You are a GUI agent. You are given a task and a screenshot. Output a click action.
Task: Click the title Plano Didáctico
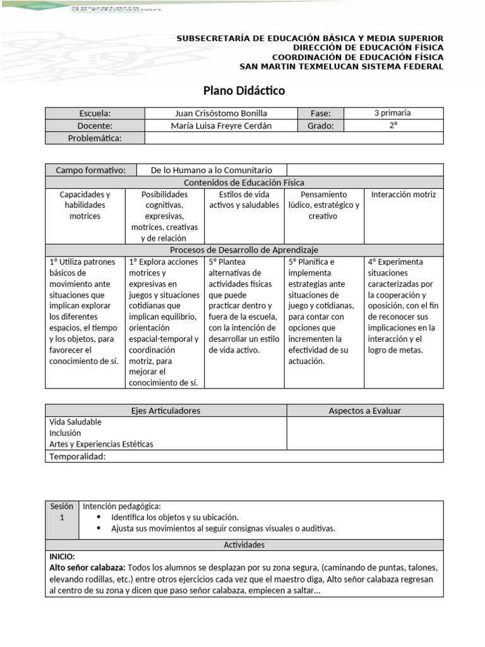click(244, 91)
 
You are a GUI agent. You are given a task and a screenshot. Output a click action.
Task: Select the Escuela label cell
click(95, 113)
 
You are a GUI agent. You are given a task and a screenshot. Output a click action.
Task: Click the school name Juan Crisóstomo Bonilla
click(225, 113)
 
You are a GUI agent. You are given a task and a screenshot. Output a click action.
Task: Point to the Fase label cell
click(320, 113)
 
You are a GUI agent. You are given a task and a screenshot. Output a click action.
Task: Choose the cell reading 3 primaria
click(392, 113)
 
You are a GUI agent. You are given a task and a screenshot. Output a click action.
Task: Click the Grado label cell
click(320, 126)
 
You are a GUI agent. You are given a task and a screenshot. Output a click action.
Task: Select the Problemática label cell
click(95, 138)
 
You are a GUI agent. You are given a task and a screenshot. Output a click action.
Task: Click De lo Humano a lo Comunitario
click(212, 170)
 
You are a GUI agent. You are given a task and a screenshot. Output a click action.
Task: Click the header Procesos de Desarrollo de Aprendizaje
click(244, 250)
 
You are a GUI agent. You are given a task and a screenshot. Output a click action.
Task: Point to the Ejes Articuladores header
click(165, 411)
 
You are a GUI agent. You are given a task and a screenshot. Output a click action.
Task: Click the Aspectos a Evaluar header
click(364, 411)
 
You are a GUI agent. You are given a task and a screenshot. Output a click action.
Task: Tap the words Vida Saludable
click(75, 422)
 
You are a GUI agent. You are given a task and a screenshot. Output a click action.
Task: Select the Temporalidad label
click(78, 457)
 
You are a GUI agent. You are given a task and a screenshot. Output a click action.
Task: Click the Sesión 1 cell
click(62, 512)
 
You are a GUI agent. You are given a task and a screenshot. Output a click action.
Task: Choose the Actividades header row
click(244, 545)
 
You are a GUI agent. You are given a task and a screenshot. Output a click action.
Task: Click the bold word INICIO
click(63, 557)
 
